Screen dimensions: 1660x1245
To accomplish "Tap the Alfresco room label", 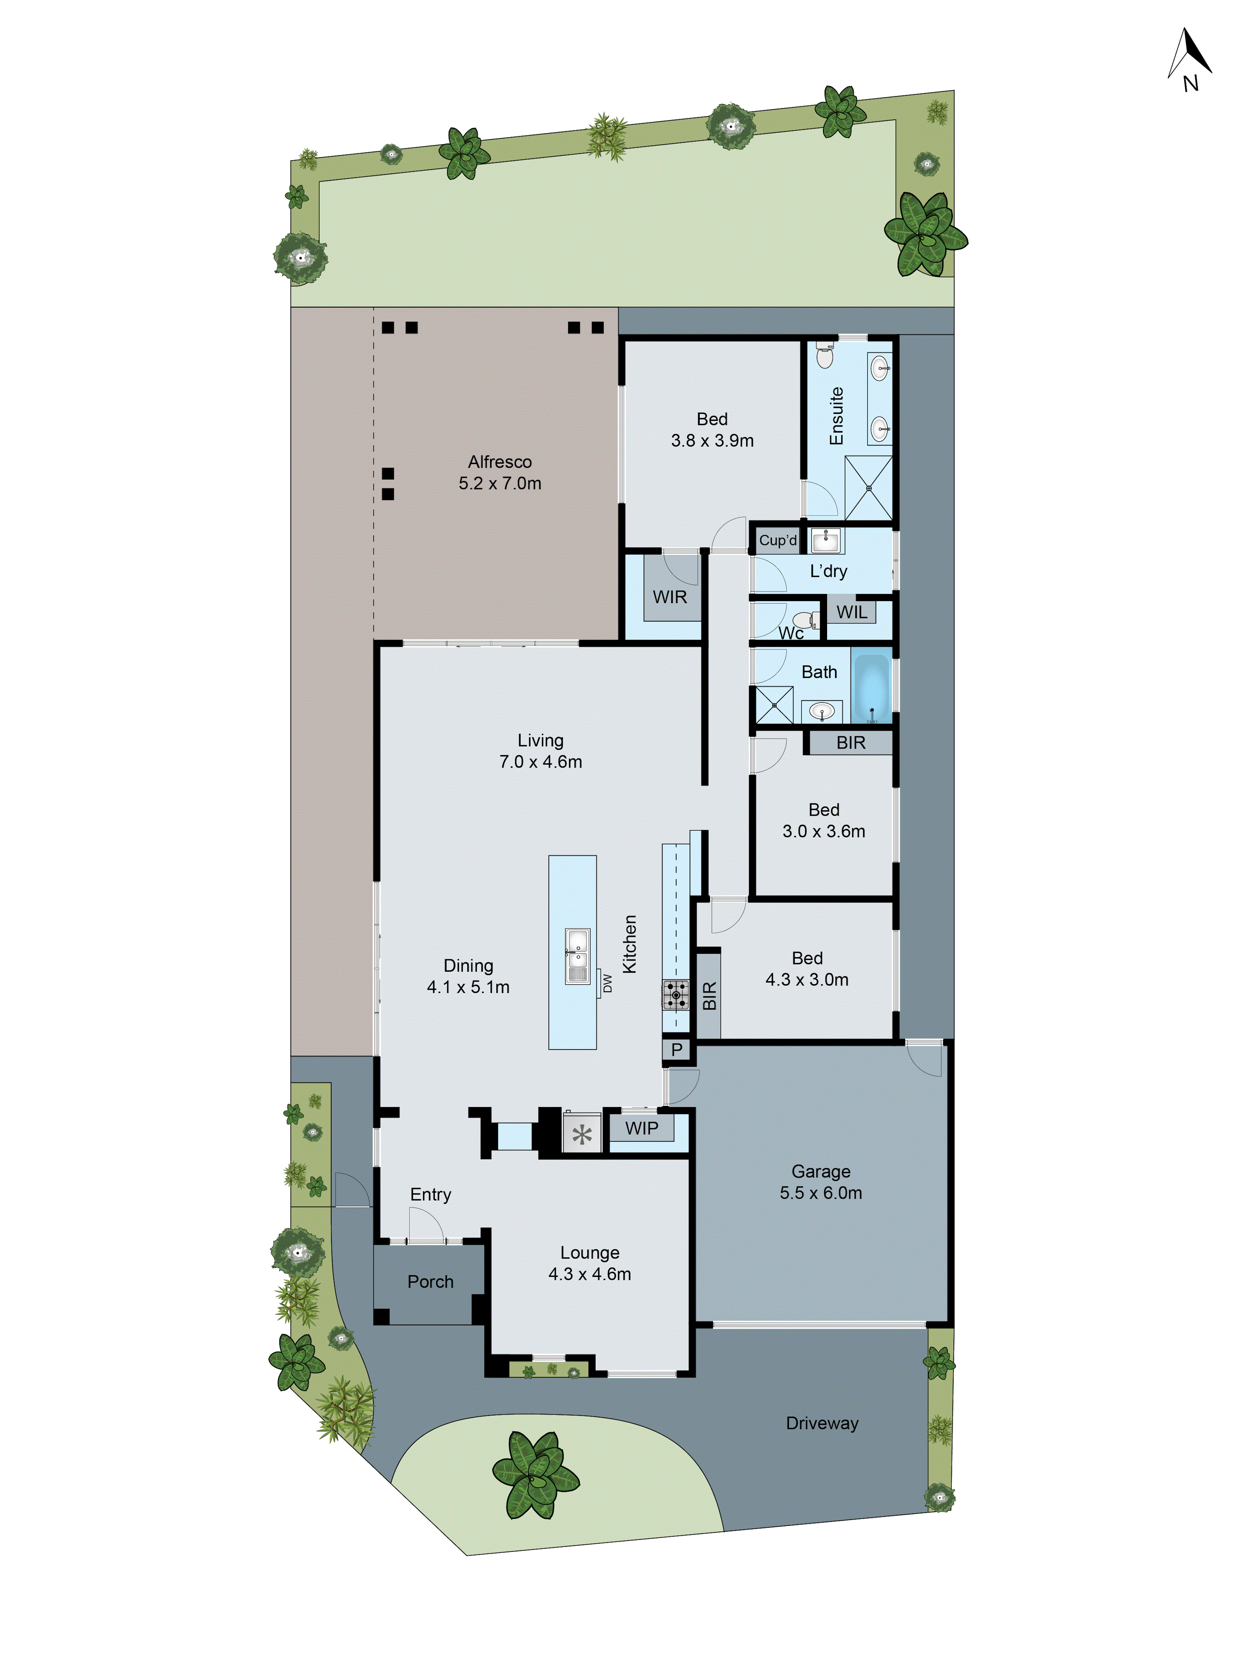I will pyautogui.click(x=500, y=462).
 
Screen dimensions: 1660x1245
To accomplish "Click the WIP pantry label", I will pyautogui.click(x=642, y=1128).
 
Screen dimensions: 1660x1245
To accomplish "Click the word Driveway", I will pyautogui.click(x=822, y=1423).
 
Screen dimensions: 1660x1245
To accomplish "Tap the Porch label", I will pyautogui.click(x=430, y=1281).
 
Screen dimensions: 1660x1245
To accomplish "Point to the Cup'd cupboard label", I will pyautogui.click(x=777, y=540).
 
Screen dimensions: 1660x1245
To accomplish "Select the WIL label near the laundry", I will pyautogui.click(x=851, y=611).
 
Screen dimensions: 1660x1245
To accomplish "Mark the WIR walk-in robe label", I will pyautogui.click(x=669, y=597).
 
